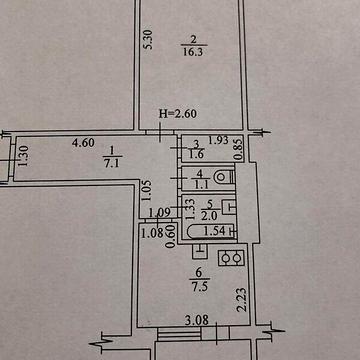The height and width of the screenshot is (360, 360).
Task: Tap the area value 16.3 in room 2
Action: click(x=188, y=56)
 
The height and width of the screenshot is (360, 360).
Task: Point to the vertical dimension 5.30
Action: click(x=148, y=40)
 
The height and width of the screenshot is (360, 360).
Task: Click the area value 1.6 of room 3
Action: click(x=196, y=156)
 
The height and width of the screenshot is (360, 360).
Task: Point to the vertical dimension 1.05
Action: click(x=145, y=186)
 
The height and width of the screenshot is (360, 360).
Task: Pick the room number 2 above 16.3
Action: click(x=185, y=41)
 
